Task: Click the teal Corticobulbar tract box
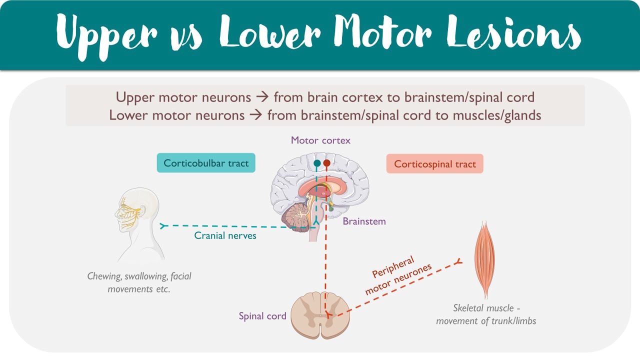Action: (x=206, y=163)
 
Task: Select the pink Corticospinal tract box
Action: (x=435, y=163)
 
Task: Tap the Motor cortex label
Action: (x=320, y=140)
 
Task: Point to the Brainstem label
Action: (x=364, y=221)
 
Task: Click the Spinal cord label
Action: (x=262, y=316)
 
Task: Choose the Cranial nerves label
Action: (x=225, y=235)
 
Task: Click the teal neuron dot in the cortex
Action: (x=317, y=163)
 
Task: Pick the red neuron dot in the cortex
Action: (x=327, y=163)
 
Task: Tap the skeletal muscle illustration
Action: (x=484, y=259)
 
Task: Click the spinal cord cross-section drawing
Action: (x=320, y=315)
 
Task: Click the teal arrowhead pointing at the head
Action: (x=162, y=226)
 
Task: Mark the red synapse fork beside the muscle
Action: (x=458, y=261)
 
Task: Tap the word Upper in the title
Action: (x=106, y=36)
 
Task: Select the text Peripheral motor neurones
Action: (x=397, y=275)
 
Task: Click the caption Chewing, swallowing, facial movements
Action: (x=139, y=282)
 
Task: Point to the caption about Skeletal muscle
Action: (x=486, y=314)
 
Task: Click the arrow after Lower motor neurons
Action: (x=255, y=115)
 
